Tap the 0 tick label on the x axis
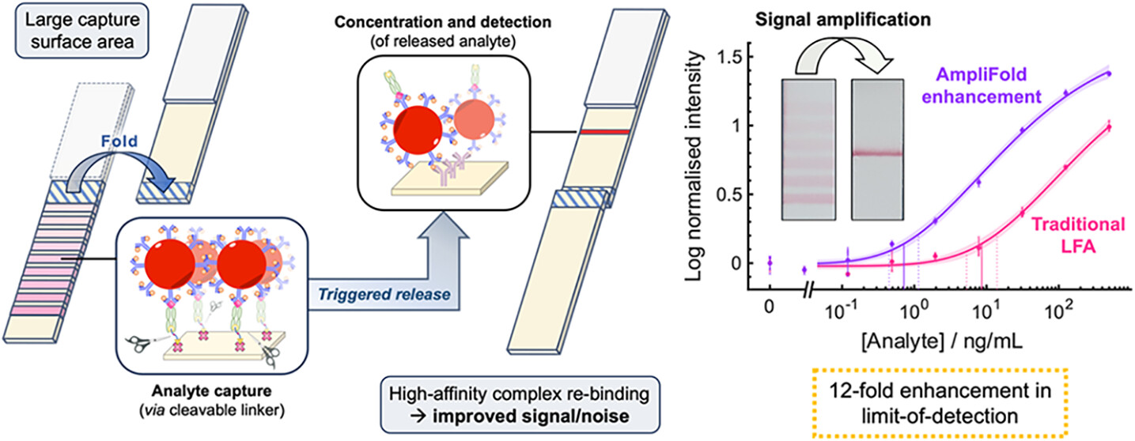coord(769,304)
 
